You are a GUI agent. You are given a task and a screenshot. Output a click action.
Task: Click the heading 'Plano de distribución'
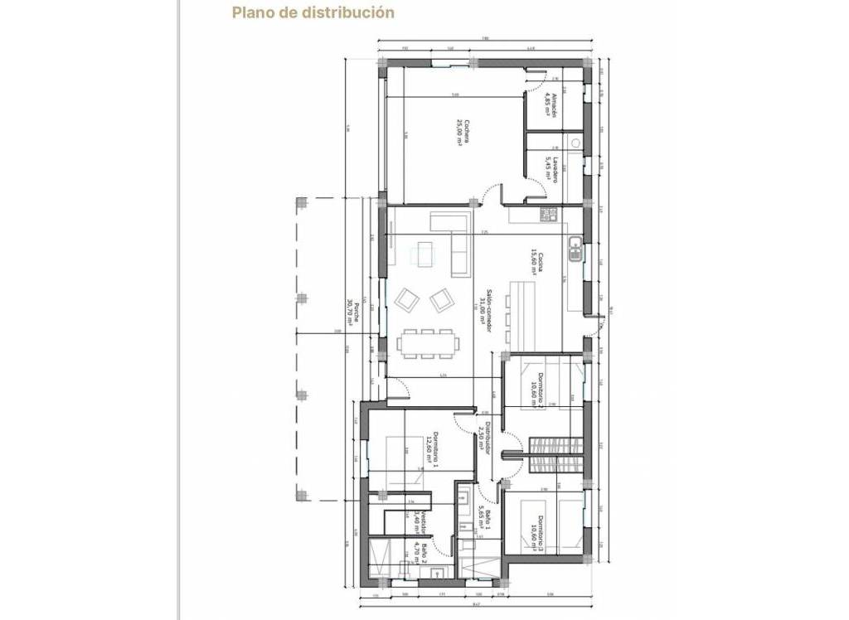point(313,12)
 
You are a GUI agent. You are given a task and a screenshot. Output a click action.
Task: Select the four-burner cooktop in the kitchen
point(548,216)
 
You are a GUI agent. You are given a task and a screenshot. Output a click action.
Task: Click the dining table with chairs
point(427,342)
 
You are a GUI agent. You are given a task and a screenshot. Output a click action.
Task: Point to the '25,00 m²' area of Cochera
point(458,133)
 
